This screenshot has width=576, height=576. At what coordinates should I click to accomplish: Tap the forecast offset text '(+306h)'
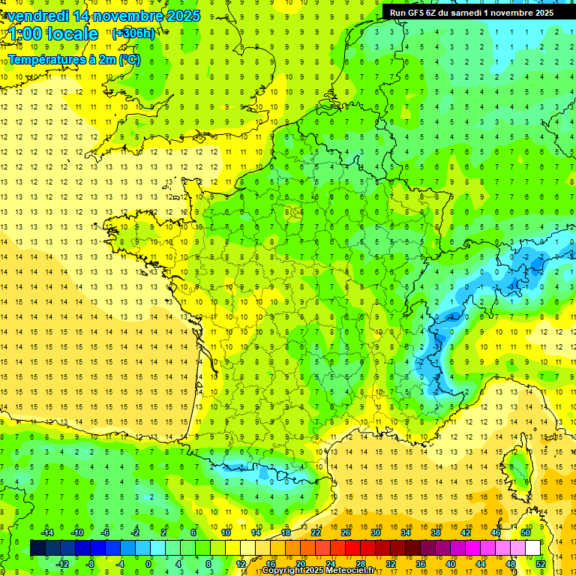point(133,33)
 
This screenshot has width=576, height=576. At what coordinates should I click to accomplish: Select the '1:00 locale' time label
point(54,34)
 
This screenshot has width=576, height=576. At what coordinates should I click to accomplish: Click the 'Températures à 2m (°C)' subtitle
point(74,59)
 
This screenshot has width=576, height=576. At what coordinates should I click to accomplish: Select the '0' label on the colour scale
point(148,563)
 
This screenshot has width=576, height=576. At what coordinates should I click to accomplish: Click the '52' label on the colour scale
point(541,563)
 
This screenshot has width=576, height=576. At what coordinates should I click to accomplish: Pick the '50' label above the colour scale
point(526,532)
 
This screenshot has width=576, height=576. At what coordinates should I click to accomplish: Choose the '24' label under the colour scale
point(330,563)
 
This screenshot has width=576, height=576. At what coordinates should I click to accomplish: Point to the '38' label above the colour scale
point(436,532)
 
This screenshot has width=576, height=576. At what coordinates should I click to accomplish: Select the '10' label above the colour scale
point(225,532)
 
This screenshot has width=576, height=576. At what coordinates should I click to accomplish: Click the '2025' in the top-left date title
point(183,16)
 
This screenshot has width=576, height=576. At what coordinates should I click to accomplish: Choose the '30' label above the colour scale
point(375,532)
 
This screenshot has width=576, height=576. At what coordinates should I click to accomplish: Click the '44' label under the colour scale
point(481,563)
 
